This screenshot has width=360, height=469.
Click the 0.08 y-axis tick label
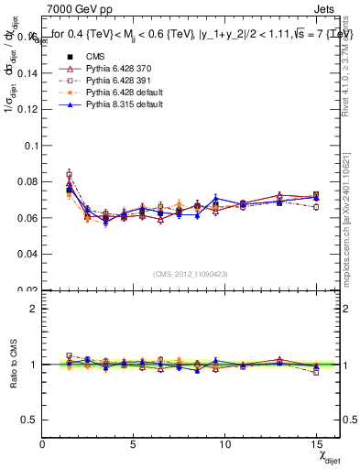coord(26,182)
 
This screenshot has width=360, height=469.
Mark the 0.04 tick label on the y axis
coord(26,254)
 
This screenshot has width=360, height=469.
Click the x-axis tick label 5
coord(134,444)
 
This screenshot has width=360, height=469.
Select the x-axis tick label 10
coord(225,444)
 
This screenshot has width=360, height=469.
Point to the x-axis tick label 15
coord(317,444)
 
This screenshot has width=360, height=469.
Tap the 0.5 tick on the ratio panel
coord(29,420)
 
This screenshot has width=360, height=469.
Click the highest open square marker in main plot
coord(70,174)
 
